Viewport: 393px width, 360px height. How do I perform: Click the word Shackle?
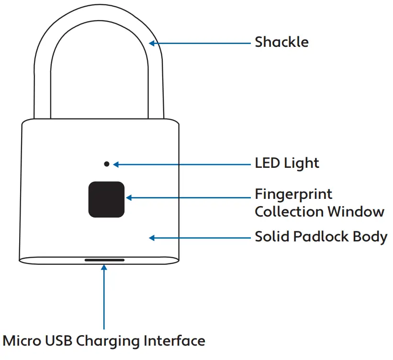click(281, 42)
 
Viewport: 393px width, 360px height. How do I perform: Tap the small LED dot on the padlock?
click(106, 164)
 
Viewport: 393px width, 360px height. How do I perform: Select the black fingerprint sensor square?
click(106, 199)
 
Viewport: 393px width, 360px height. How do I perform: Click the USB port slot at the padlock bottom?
click(104, 261)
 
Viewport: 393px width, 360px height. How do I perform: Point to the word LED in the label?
click(267, 164)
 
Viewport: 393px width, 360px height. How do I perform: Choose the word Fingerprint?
click(293, 195)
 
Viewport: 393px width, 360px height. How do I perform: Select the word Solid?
click(270, 237)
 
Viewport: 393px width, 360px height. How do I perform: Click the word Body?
click(370, 237)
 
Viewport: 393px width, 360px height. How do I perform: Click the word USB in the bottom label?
click(59, 341)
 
